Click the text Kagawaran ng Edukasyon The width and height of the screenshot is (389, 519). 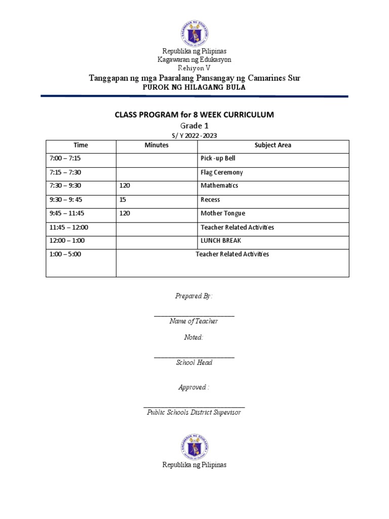pyautogui.click(x=194, y=59)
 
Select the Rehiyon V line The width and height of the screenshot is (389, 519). pyautogui.click(x=194, y=67)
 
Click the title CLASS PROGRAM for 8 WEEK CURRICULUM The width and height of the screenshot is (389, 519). pyautogui.click(x=194, y=115)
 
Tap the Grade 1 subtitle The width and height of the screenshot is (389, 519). pyautogui.click(x=194, y=126)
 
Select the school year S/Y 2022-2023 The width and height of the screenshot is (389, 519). pyautogui.click(x=194, y=135)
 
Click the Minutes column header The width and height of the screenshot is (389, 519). pyautogui.click(x=157, y=145)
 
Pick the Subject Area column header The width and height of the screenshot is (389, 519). pyautogui.click(x=273, y=145)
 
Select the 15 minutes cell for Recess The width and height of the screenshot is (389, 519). pyautogui.click(x=123, y=200)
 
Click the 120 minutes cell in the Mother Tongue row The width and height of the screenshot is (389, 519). pyautogui.click(x=125, y=213)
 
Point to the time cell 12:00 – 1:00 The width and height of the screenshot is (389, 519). pyautogui.click(x=63, y=241)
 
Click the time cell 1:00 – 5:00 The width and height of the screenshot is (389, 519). pyautogui.click(x=63, y=254)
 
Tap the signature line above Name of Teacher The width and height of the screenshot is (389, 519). pyautogui.click(x=194, y=315)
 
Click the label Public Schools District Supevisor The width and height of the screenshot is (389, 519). pyautogui.click(x=194, y=413)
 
